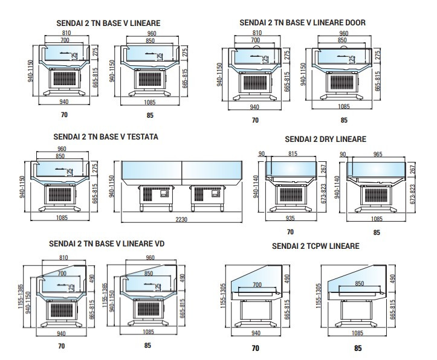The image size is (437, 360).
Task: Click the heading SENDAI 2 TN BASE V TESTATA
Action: pos(105,137)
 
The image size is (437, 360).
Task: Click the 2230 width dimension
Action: pos(181,219)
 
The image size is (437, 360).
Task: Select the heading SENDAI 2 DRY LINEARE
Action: pos(325,139)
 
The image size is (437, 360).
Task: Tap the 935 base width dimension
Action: pos(290,219)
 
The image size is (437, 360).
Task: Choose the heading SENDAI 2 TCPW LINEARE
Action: pos(316,246)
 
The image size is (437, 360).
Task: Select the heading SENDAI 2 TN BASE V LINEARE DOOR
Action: pos(302,22)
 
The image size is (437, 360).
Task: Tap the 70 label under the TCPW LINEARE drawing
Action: pos(255,348)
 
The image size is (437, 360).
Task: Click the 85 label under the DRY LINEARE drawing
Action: pos(376,231)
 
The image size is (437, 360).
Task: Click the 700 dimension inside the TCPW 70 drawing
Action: pos(256,284)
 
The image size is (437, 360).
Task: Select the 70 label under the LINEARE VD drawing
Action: pos(60,346)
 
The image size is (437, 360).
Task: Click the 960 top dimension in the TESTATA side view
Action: pos(62,149)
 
